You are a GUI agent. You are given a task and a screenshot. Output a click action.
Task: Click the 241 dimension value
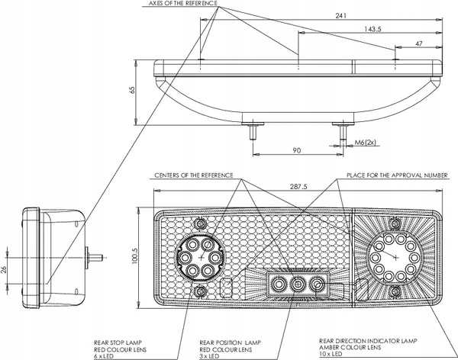pos(340,15)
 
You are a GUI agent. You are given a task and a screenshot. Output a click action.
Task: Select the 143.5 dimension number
pos(373,29)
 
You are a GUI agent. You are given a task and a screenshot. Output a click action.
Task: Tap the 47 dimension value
pos(419,43)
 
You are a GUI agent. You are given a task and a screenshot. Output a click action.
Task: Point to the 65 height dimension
pos(133,90)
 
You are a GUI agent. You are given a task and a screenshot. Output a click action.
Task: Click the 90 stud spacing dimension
pos(296,150)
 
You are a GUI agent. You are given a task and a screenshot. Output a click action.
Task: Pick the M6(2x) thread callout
pos(366,143)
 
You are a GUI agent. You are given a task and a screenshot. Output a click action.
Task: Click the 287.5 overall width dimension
pos(298,186)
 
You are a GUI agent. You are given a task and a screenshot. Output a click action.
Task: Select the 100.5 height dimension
pos(134,256)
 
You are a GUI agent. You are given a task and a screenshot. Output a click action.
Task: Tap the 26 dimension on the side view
pos(4,270)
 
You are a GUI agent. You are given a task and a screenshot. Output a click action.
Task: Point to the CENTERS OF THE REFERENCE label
pos(194,175)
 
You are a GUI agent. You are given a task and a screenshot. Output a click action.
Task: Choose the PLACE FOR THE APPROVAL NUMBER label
pos(397,175)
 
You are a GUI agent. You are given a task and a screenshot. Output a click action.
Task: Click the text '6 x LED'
pos(104,356)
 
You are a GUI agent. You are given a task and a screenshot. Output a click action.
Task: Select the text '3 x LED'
pos(209,356)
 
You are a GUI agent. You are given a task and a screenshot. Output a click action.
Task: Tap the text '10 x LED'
pos(331,354)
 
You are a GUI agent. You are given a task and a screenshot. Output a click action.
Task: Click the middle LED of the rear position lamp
pos(298,284)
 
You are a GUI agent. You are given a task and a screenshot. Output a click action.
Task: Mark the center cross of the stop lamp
pos(201,258)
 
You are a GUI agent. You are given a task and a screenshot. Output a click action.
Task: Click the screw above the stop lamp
pos(200,224)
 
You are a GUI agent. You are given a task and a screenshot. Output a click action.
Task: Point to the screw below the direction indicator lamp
pos(395,291)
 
